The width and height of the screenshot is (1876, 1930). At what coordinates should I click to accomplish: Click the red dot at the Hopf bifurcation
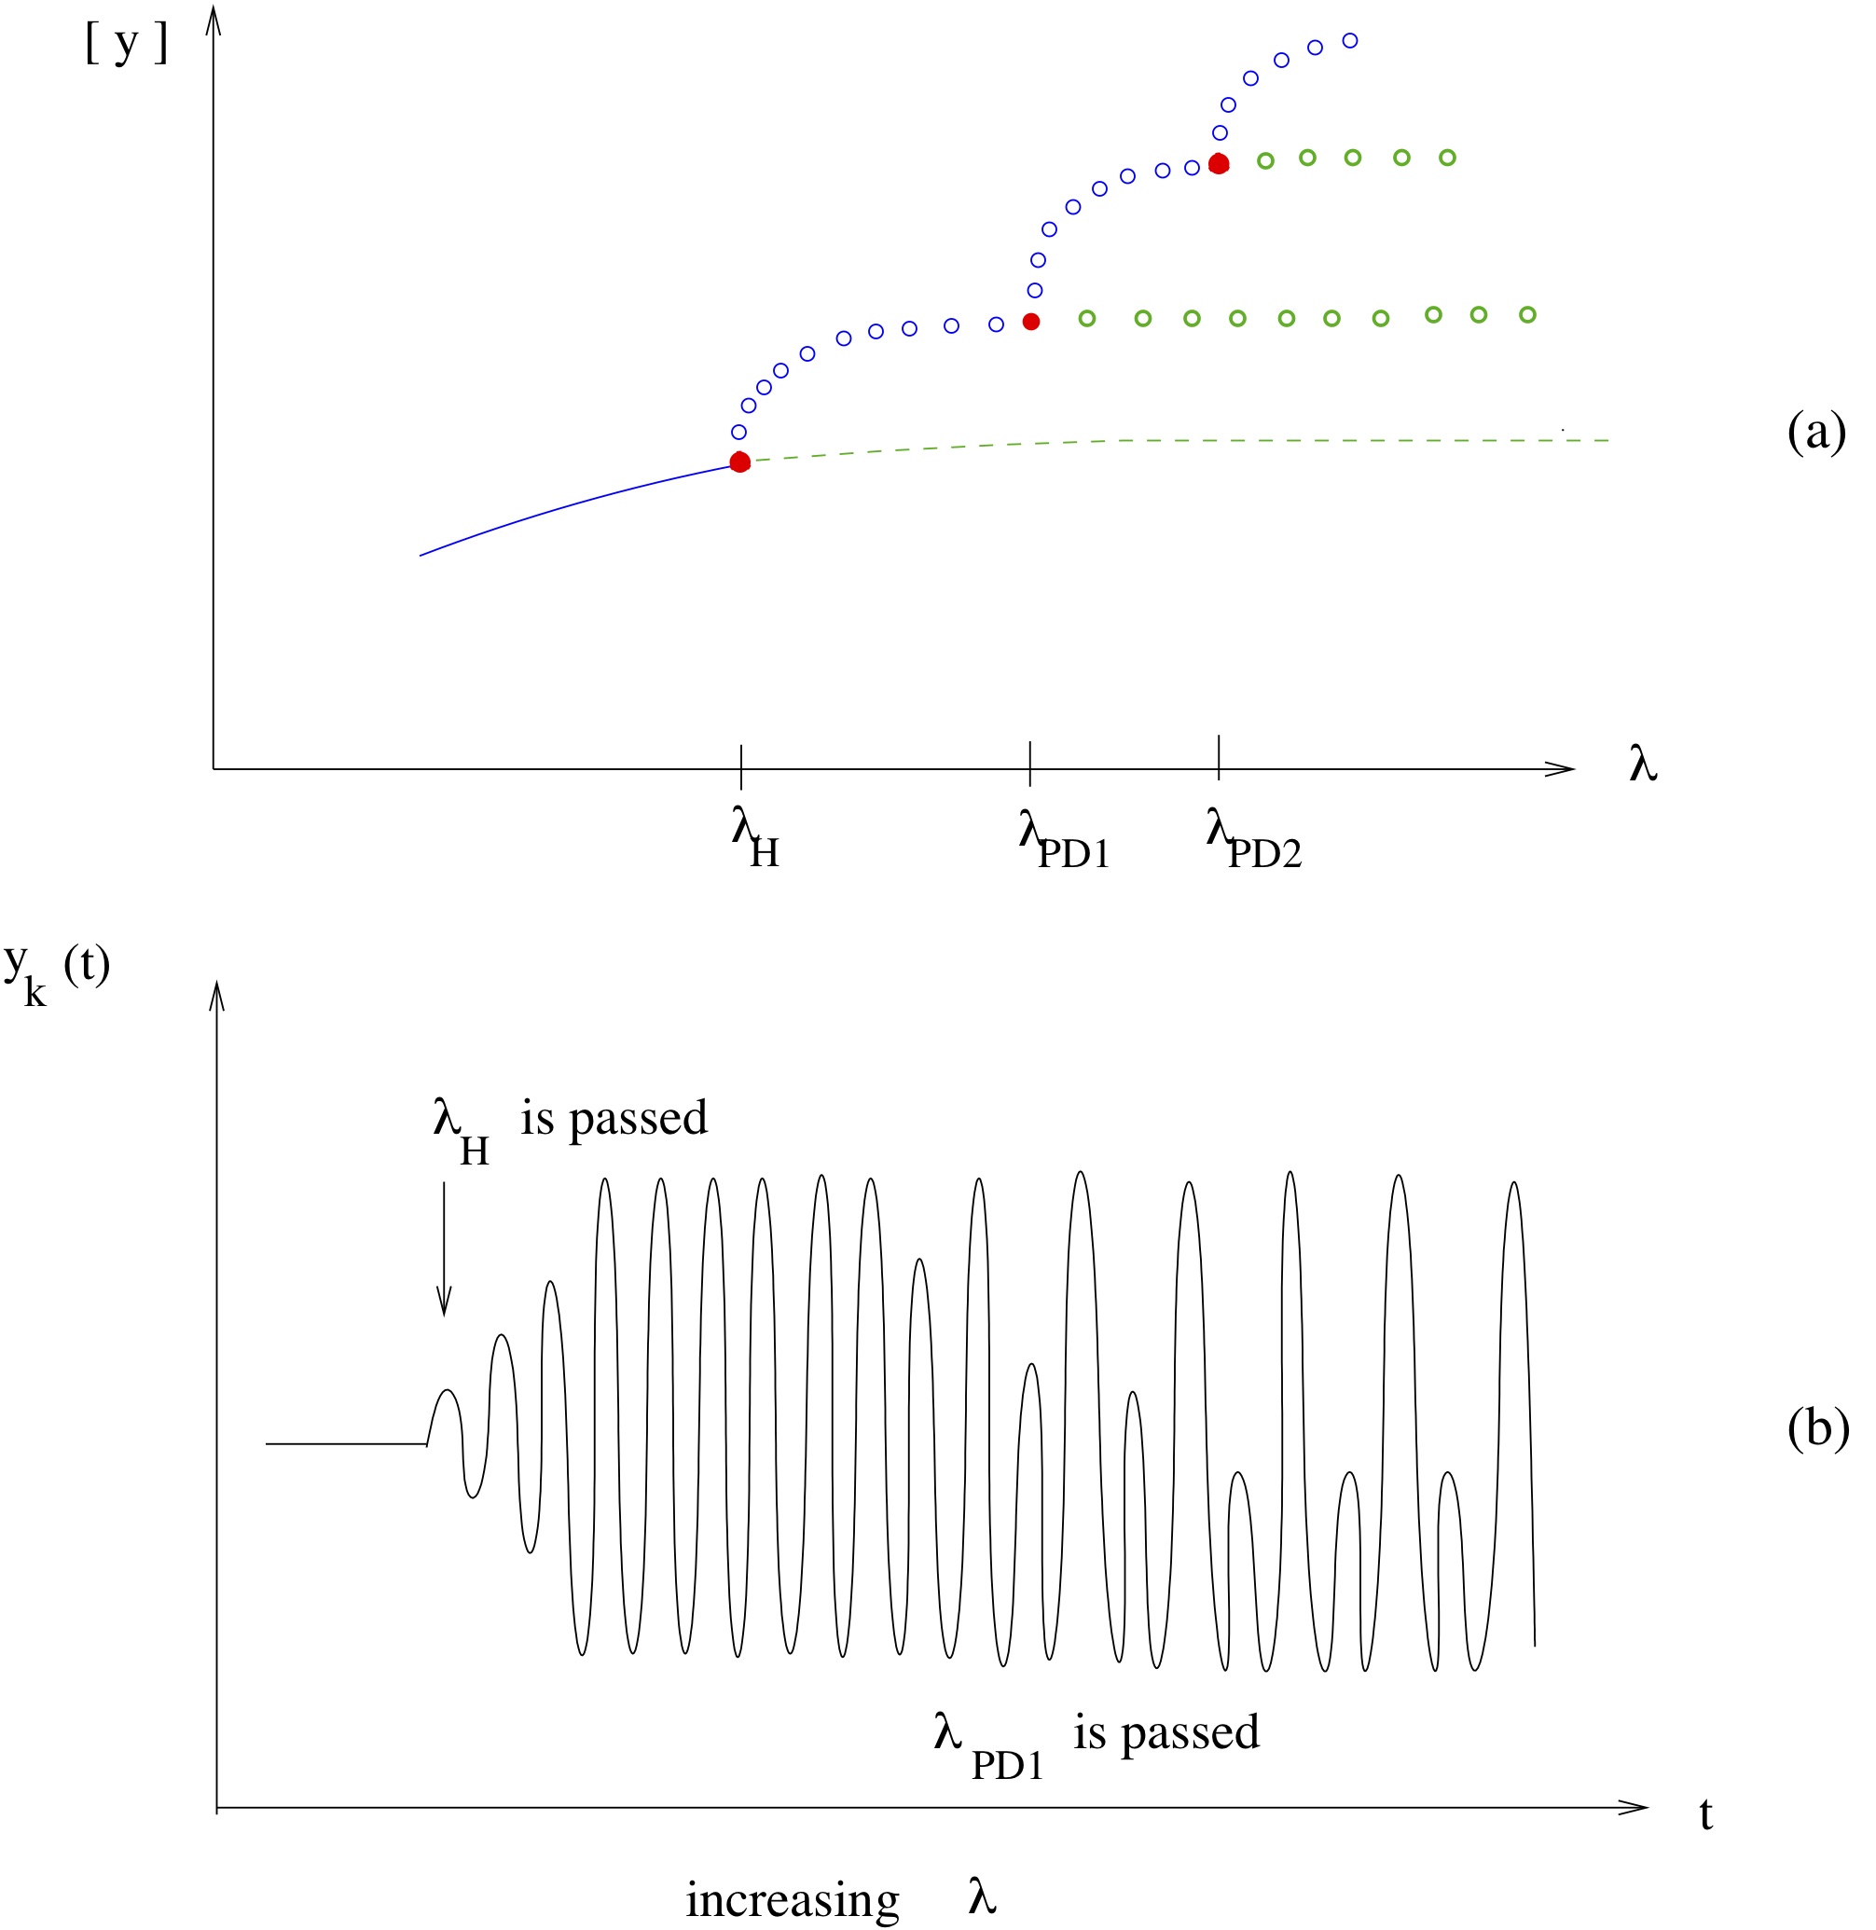[740, 462]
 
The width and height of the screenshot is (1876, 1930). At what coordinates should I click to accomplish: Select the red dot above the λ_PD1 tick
[1030, 321]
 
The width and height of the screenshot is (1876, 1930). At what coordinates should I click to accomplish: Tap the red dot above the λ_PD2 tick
[1219, 163]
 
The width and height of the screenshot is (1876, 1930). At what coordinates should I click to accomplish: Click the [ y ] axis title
[127, 46]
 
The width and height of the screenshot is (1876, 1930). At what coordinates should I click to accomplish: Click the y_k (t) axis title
[56, 971]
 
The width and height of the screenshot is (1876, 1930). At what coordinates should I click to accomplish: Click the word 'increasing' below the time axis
[793, 1898]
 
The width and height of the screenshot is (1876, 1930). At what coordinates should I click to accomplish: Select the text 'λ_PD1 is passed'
[1096, 1738]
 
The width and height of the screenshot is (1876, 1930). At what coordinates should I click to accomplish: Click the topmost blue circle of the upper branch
[1351, 40]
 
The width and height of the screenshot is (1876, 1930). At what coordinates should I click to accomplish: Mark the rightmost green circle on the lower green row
[1527, 314]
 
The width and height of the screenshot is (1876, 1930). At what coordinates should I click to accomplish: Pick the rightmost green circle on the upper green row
[1447, 158]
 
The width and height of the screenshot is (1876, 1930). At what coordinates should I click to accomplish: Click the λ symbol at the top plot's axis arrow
[1644, 765]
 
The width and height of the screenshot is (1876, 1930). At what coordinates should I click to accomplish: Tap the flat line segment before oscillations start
[345, 1444]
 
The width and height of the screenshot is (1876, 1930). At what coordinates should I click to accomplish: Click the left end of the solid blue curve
[421, 555]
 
